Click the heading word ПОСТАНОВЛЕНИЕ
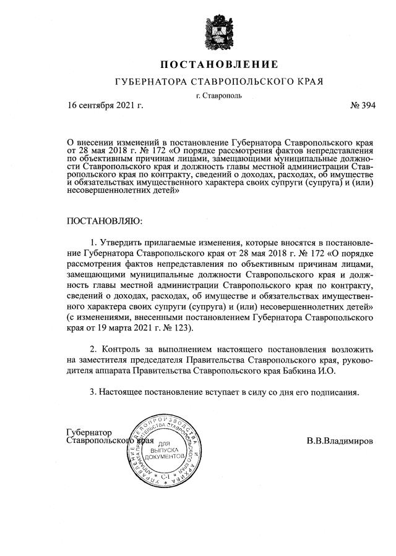coord(220,64)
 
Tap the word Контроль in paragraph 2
coord(124,349)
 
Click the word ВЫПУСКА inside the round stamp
coord(164,451)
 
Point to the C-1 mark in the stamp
coord(165,477)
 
